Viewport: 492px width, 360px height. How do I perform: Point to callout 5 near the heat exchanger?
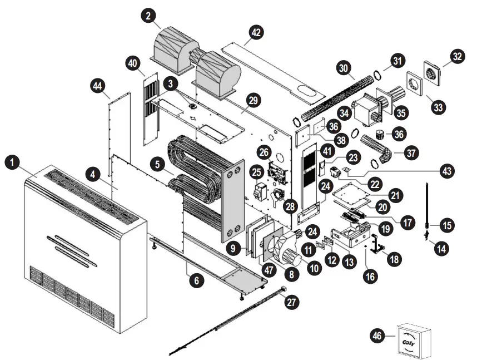(158, 164)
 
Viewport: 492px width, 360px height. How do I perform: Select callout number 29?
(254, 101)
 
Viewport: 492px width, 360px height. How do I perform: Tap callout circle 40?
(133, 63)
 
